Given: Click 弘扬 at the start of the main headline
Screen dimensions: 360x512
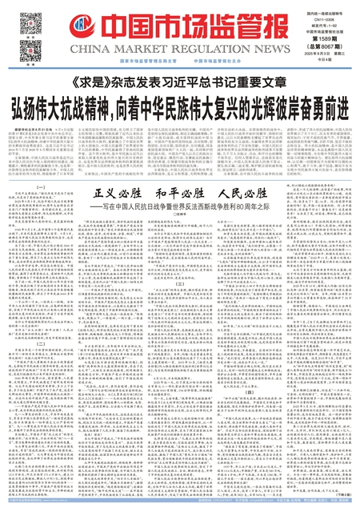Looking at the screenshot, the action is tap(42, 106).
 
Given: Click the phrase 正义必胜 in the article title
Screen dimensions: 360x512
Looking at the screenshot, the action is tap(117, 194).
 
